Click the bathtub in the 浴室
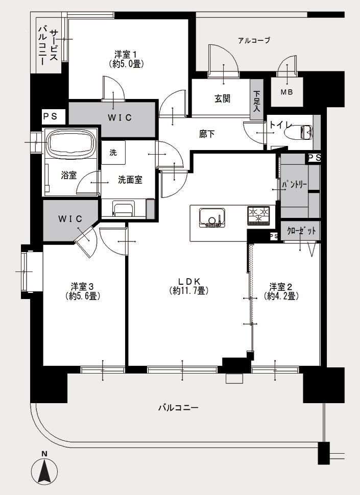[71, 142]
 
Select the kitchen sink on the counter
[212, 217]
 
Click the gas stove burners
[258, 215]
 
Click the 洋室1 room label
[127, 59]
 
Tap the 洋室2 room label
[281, 291]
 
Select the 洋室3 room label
[83, 291]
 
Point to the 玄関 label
[222, 99]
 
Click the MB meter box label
[287, 92]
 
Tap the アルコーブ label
[254, 40]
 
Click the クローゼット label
[301, 231]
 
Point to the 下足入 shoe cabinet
[257, 100]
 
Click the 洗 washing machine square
[113, 153]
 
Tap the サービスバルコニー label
[49, 45]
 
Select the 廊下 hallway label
[207, 134]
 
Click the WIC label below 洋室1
[119, 118]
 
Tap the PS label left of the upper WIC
[51, 116]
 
